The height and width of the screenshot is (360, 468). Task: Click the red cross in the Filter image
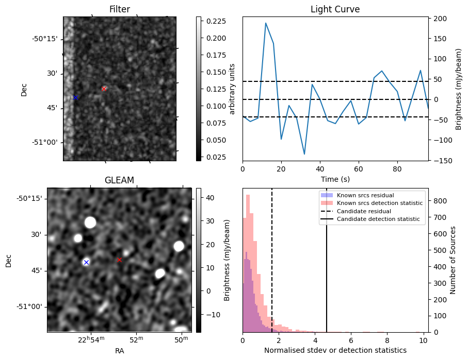[104, 89]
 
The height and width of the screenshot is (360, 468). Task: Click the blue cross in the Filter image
[75, 97]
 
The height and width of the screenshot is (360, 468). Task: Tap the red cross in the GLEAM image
[119, 260]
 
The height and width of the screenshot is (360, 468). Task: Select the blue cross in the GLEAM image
[86, 263]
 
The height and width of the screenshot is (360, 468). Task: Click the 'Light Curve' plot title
[335, 9]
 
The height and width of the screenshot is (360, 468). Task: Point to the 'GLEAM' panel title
[119, 180]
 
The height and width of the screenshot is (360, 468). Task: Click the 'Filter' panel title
[120, 9]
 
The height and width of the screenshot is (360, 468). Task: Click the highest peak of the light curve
[266, 23]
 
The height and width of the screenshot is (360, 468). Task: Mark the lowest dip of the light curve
[304, 154]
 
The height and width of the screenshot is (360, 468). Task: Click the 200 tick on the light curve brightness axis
[439, 19]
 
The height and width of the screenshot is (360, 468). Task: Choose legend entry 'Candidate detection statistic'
[379, 220]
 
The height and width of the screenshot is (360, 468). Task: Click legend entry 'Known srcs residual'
[365, 195]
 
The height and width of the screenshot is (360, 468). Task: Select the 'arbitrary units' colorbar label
[232, 89]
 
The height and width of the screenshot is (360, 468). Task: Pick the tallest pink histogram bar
[248, 263]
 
